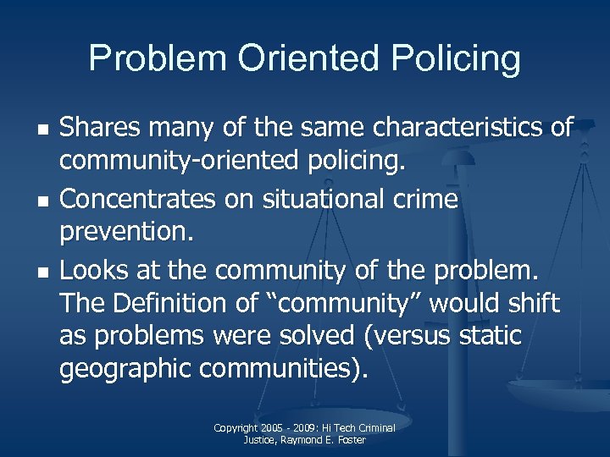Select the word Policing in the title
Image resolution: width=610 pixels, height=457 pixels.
[x=454, y=58]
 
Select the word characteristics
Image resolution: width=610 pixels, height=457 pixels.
[x=454, y=128]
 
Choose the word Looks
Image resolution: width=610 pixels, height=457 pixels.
[x=91, y=271]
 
